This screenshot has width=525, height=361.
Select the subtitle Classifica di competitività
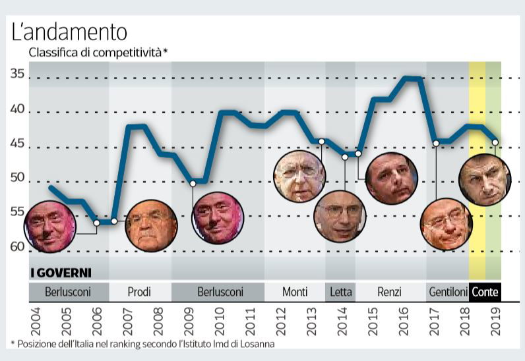(96, 52)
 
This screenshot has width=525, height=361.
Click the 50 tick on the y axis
(17, 179)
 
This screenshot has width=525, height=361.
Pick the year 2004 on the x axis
(35, 321)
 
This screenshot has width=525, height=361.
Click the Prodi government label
(140, 292)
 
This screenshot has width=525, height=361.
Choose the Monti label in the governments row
(295, 292)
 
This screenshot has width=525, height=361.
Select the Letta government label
(340, 292)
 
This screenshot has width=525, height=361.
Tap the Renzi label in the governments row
(390, 292)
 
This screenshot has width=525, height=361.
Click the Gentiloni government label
(448, 292)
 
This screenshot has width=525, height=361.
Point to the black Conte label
(485, 292)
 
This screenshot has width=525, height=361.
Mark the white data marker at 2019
(495, 141)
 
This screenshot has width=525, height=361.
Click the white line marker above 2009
(193, 183)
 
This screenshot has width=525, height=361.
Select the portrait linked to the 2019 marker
(485, 180)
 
